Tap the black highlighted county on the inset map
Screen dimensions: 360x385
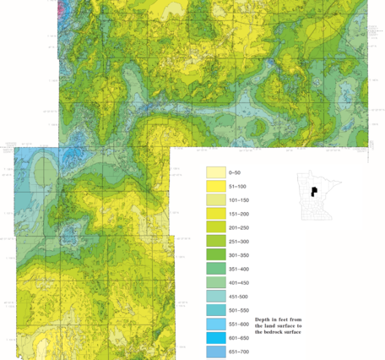tap(313, 192)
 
